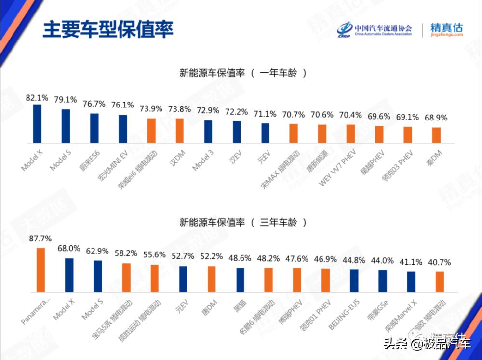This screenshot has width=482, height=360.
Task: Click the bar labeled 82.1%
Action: coord(37,123)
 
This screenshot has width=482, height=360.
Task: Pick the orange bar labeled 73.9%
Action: coord(151,130)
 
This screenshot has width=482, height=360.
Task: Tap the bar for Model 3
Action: coord(208,131)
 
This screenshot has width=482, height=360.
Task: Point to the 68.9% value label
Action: coord(436,118)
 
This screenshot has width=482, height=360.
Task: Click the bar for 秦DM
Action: coord(436,134)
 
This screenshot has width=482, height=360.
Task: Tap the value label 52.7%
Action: coord(183,256)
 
